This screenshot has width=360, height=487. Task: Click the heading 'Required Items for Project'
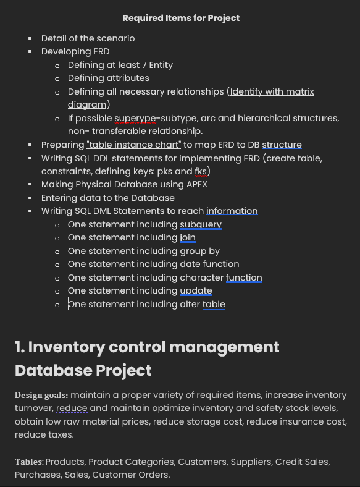pos(181,18)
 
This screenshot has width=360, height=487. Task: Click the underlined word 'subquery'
pos(201,224)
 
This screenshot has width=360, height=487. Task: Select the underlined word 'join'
pos(188,237)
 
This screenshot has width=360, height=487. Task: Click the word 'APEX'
pos(197,184)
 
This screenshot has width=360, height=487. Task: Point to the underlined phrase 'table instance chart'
pos(134,145)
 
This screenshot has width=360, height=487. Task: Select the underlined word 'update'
pos(196,290)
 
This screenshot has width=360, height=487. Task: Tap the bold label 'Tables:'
pos(29,462)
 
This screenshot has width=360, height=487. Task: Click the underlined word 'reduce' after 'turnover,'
pos(72,408)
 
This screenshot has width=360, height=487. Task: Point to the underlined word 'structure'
pos(282,145)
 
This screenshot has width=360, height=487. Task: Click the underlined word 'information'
pos(232,211)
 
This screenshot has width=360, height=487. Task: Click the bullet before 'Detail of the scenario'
pos(30,38)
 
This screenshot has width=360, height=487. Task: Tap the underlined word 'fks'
pos(202,171)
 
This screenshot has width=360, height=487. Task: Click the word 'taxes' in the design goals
pos(59,434)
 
